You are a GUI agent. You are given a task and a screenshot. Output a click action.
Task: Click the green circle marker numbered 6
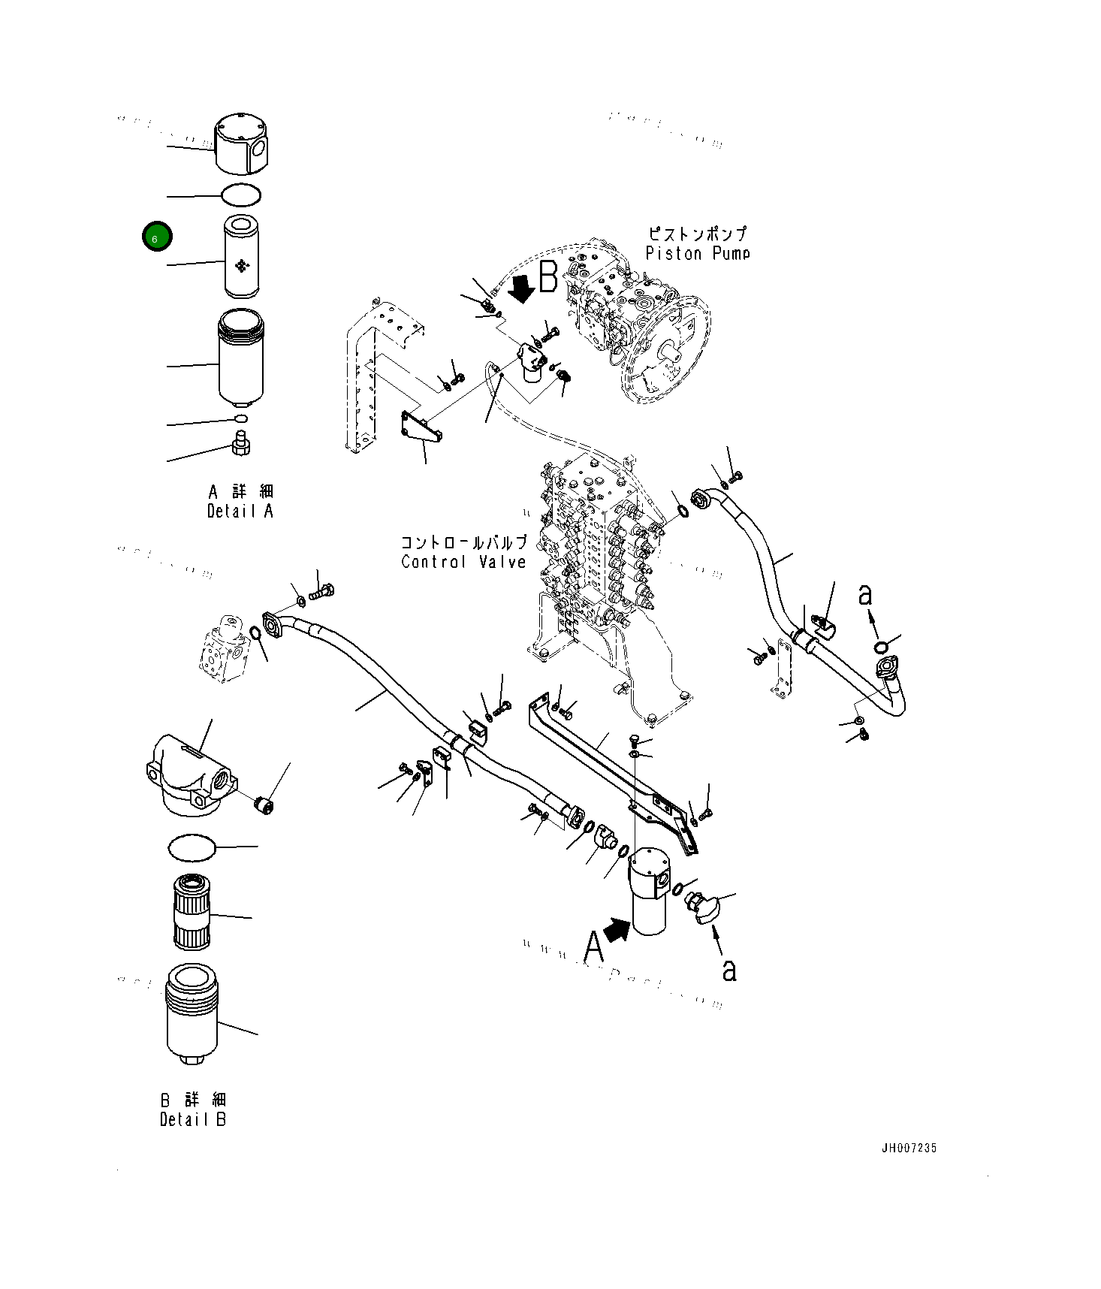click(157, 237)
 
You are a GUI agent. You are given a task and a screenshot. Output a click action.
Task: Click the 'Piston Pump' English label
click(697, 254)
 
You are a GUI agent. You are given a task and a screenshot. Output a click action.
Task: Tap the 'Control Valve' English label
click(463, 562)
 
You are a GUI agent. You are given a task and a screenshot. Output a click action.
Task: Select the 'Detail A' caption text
click(240, 511)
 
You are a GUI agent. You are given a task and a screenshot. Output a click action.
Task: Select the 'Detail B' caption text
click(193, 1119)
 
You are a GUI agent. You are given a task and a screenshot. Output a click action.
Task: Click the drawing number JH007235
click(909, 1148)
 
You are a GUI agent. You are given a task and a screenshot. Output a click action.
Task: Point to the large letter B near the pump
click(548, 277)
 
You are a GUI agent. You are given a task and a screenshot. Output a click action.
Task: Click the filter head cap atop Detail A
click(241, 144)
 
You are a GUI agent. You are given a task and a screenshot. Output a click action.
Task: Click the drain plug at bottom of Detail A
click(242, 442)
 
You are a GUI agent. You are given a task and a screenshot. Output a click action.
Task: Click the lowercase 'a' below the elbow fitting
click(728, 970)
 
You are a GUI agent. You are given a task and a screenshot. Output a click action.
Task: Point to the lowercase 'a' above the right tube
click(865, 595)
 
